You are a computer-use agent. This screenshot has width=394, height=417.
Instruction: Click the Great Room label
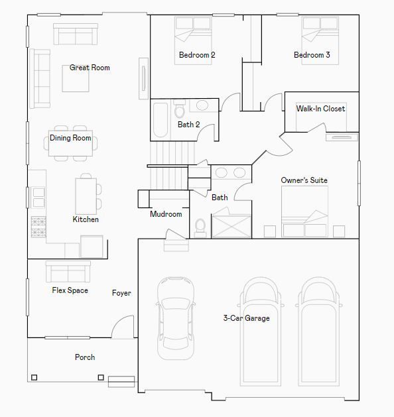coord(90,68)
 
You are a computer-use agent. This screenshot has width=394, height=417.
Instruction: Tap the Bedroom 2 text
coord(197,55)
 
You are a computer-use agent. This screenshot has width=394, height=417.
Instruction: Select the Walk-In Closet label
coord(320,109)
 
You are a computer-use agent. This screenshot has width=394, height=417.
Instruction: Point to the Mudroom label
coord(166,214)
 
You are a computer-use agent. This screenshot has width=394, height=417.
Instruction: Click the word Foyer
coord(121,293)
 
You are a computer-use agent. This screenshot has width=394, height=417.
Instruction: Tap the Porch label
coord(85,357)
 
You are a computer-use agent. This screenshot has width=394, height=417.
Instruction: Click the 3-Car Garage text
coord(246,318)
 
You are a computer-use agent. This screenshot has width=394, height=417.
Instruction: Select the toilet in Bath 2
coord(180,109)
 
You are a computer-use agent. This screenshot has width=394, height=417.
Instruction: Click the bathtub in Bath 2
coord(161,120)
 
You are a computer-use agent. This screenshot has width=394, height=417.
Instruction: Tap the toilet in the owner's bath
coord(200,228)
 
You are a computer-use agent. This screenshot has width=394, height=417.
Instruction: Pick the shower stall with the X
coord(231,226)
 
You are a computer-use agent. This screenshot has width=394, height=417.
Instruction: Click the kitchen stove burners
coord(38,227)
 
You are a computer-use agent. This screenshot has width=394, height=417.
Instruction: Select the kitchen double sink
coord(38,198)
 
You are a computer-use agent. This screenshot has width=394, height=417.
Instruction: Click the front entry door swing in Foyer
coord(123,327)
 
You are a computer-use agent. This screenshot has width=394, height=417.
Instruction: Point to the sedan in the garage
coord(176,318)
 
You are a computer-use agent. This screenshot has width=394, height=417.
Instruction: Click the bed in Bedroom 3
coord(320,40)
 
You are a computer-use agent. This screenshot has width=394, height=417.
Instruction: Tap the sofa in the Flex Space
coord(68,271)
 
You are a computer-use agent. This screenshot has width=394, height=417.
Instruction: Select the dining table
coord(70,143)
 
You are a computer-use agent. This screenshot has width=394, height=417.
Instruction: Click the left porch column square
coord(34,377)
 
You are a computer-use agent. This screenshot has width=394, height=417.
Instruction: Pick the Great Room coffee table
coord(76,79)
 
